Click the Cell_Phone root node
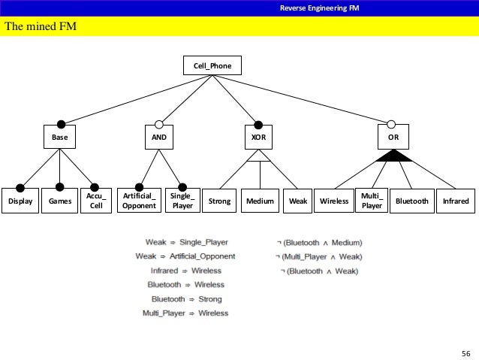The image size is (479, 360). pos(212,66)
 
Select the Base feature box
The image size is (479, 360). pos(59,139)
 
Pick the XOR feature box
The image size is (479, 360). pos(258,139)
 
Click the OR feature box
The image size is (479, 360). pos(393,139)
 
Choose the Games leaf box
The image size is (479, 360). pos(56,201)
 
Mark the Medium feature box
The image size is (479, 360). pos(260,201)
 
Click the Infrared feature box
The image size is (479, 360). pos(456,201)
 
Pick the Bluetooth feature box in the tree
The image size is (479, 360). pos(411,201)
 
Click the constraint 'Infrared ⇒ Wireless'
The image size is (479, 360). pos(185,271)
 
